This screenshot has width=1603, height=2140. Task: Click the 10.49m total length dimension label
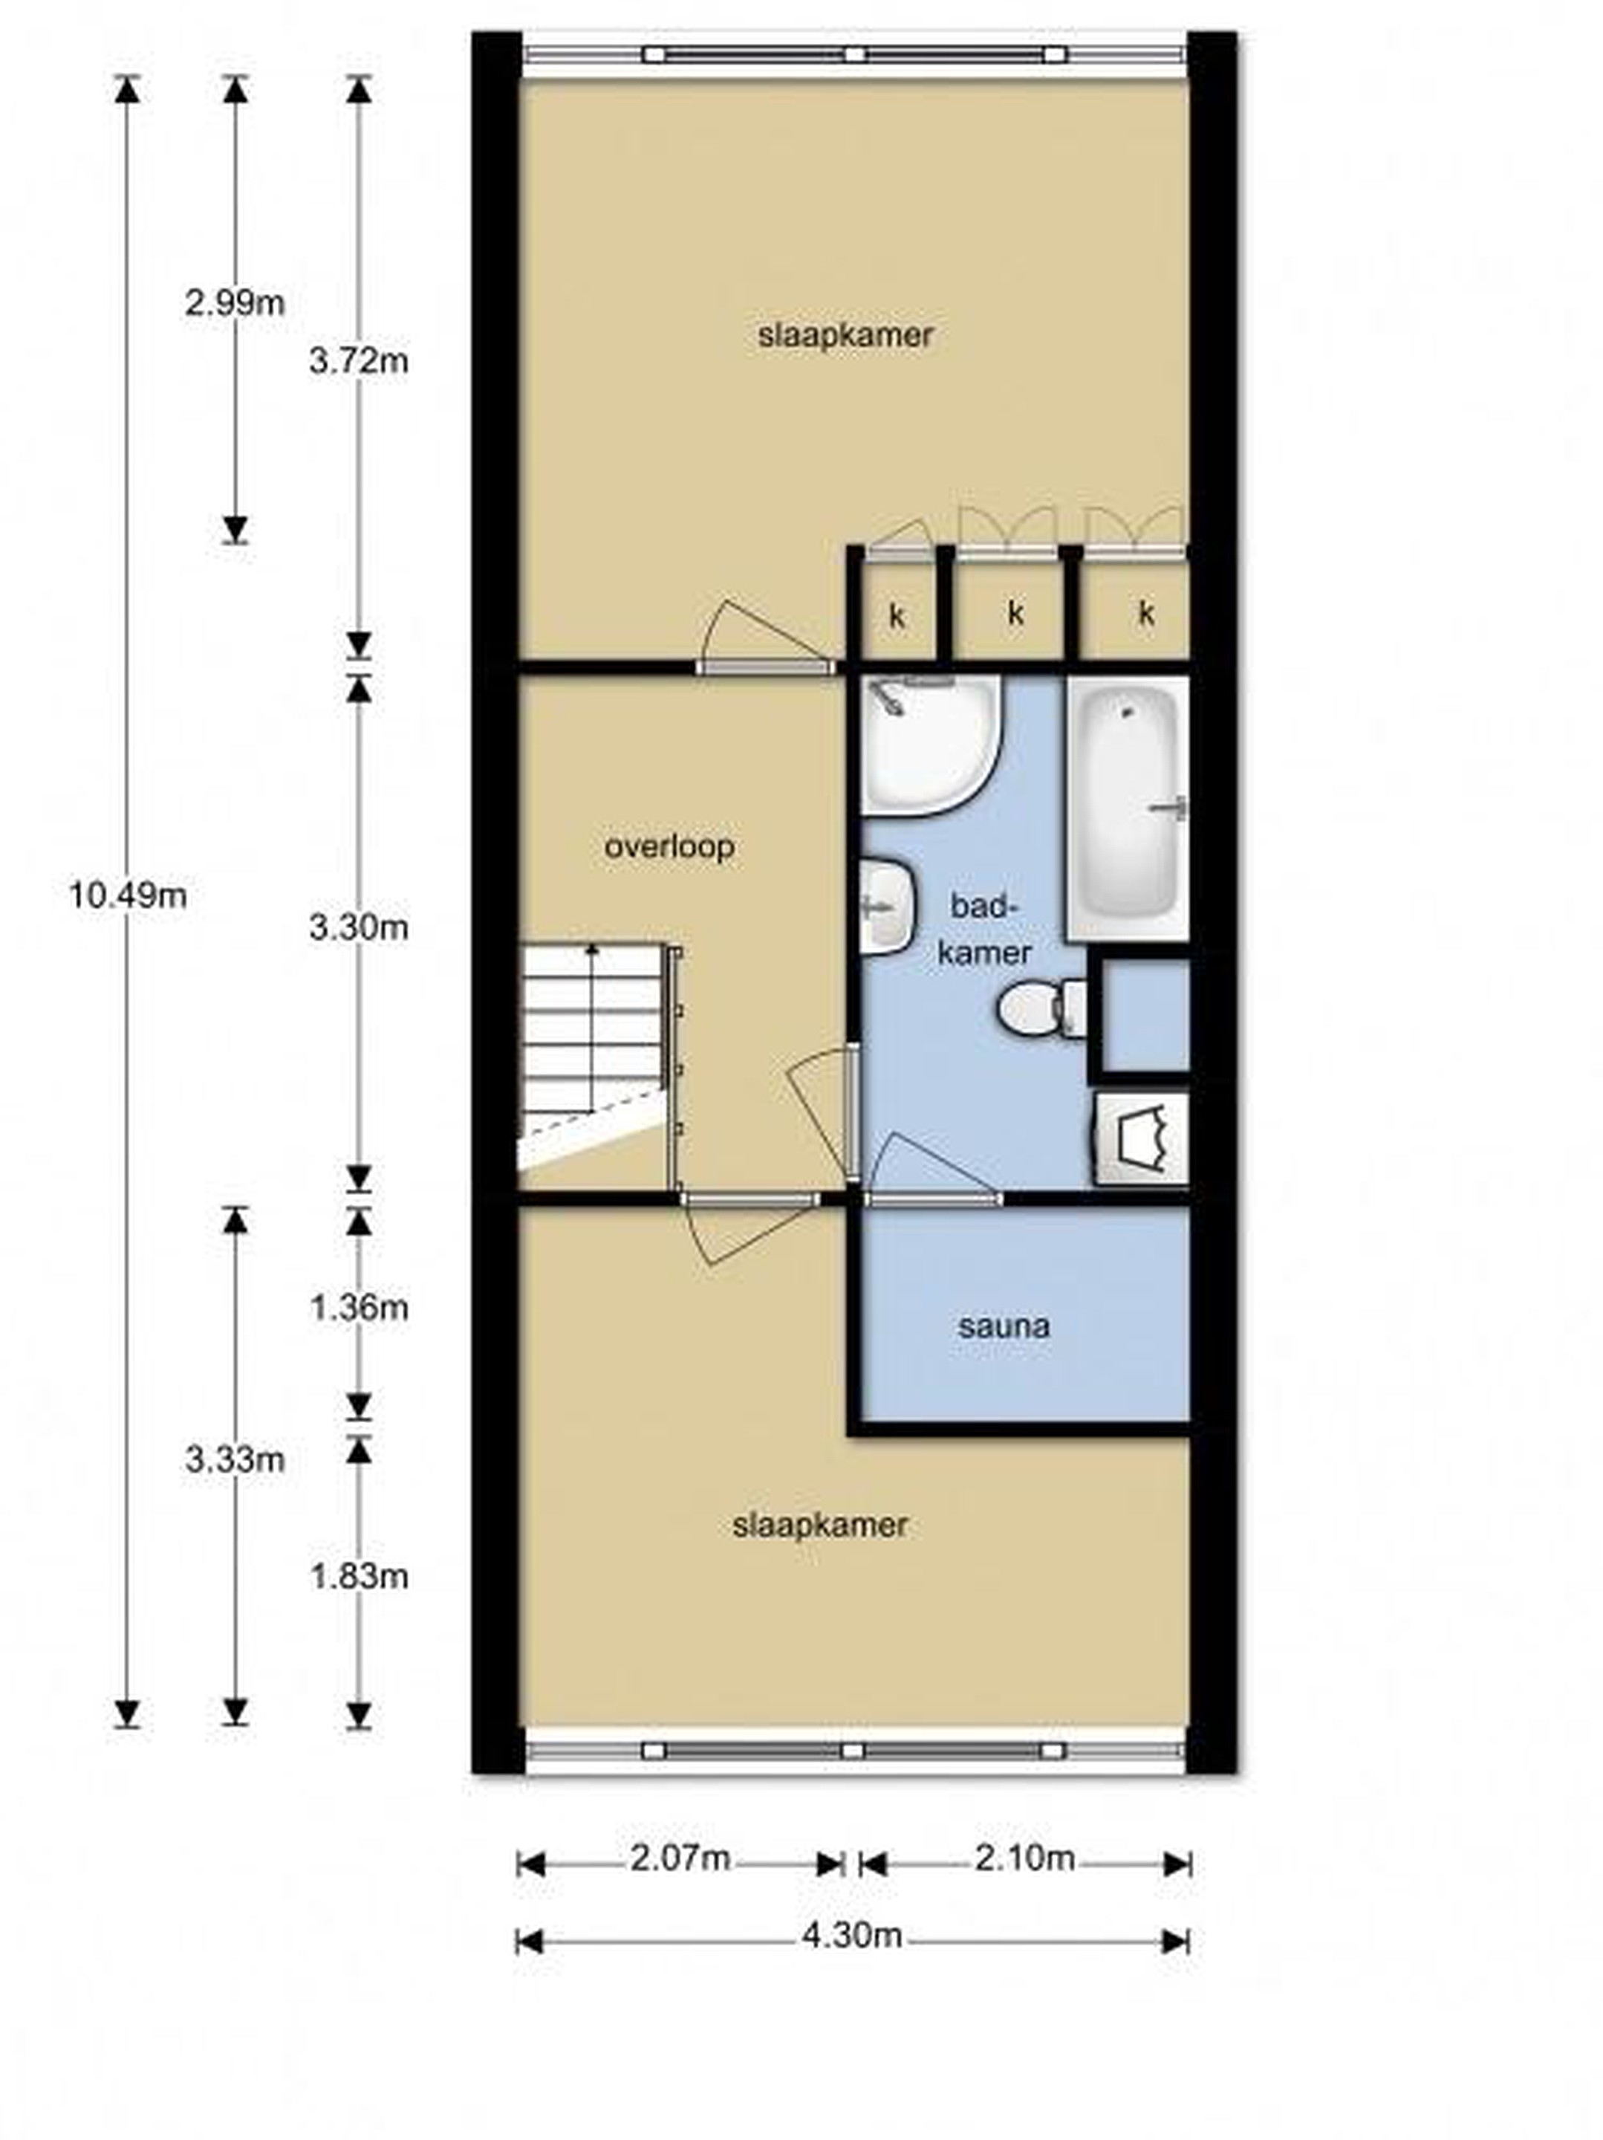pos(128,896)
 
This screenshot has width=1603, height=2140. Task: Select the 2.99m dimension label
pos(235,304)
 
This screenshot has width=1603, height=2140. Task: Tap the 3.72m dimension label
pos(359,362)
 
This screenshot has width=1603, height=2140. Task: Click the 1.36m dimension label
pos(359,1308)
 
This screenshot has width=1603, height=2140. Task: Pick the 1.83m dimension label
pos(359,1577)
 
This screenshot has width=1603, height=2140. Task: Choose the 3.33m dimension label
pos(235,1459)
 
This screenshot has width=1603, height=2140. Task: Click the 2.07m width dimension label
pos(680,1858)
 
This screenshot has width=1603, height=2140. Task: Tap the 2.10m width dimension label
pos(1024,1858)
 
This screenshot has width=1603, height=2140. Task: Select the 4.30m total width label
pos(851,1935)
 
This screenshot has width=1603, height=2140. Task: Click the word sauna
pos(1004,1326)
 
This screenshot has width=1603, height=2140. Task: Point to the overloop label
pos(669,848)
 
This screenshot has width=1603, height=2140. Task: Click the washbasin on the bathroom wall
pos(886,906)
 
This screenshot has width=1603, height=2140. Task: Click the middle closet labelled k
pos(1015,612)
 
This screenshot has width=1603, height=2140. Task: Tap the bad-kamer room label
pos(986,930)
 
